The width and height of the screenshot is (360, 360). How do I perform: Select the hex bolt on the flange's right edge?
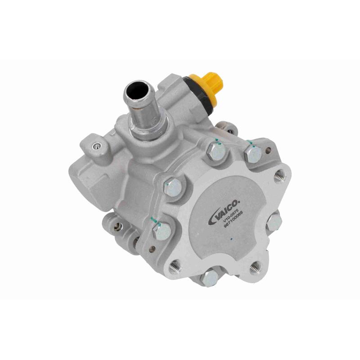click(274, 222)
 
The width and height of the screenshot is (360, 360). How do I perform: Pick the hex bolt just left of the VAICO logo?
click(173, 187)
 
